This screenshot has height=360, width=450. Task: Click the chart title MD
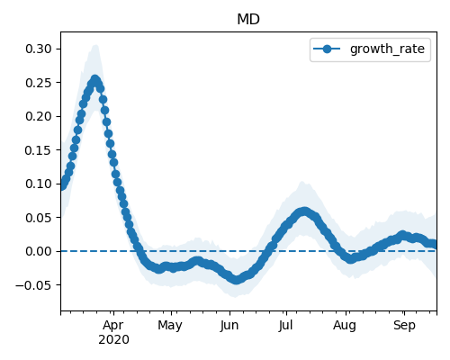pyautogui.click(x=248, y=20)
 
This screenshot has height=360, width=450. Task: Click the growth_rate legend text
pyautogui.click(x=387, y=49)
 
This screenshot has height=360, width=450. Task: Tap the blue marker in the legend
pyautogui.click(x=327, y=49)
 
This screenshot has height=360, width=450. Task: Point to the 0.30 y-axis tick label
pyautogui.click(x=39, y=49)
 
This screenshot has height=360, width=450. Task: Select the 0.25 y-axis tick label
pyautogui.click(x=39, y=83)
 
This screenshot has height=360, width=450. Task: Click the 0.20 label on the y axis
pyautogui.click(x=39, y=116)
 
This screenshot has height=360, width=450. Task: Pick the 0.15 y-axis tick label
pyautogui.click(x=39, y=150)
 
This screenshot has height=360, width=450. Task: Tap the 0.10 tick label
pyautogui.click(x=39, y=184)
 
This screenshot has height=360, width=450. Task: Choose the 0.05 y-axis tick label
pyautogui.click(x=39, y=218)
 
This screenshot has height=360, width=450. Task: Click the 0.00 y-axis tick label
pyautogui.click(x=39, y=251)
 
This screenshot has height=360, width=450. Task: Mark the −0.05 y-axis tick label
pyautogui.click(x=34, y=285)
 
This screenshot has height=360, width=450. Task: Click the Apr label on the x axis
pyautogui.click(x=113, y=326)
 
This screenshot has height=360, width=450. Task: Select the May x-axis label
pyautogui.click(x=170, y=326)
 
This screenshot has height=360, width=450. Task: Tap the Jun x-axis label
pyautogui.click(x=229, y=326)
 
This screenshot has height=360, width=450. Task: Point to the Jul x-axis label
pyautogui.click(x=285, y=326)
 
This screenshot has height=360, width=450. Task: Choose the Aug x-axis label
pyautogui.click(x=345, y=326)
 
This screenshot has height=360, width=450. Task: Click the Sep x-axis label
pyautogui.click(x=404, y=326)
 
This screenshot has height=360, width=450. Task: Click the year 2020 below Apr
pyautogui.click(x=113, y=340)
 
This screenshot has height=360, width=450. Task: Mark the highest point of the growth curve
pyautogui.click(x=95, y=80)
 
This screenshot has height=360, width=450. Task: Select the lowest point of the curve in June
pyautogui.click(x=237, y=280)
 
